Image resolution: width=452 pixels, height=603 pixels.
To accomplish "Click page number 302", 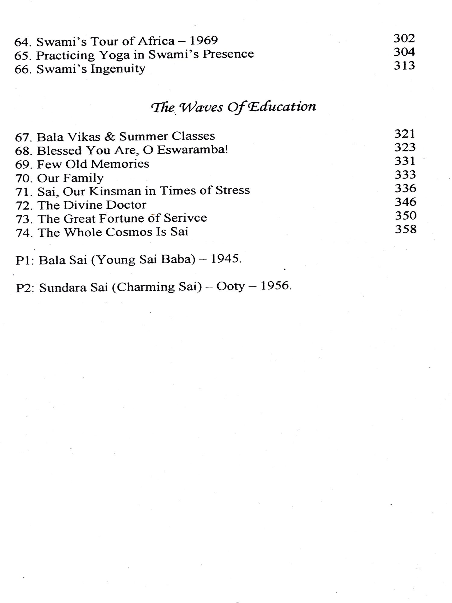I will pyautogui.click(x=404, y=38).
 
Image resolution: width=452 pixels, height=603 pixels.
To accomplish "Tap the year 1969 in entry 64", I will pyautogui.click(x=204, y=40).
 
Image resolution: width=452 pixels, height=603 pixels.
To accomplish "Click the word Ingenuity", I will pyautogui.click(x=118, y=69).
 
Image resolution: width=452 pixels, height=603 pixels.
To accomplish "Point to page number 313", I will pyautogui.click(x=404, y=65).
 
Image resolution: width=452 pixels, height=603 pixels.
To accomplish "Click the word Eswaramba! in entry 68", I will pyautogui.click(x=193, y=150).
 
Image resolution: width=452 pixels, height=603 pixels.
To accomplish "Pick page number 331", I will pyautogui.click(x=405, y=161).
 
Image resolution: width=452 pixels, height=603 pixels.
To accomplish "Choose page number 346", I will pyautogui.click(x=405, y=202).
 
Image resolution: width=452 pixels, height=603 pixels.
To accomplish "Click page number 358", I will pyautogui.click(x=406, y=229).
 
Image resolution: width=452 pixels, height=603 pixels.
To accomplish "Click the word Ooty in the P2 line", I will pyautogui.click(x=230, y=286).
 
